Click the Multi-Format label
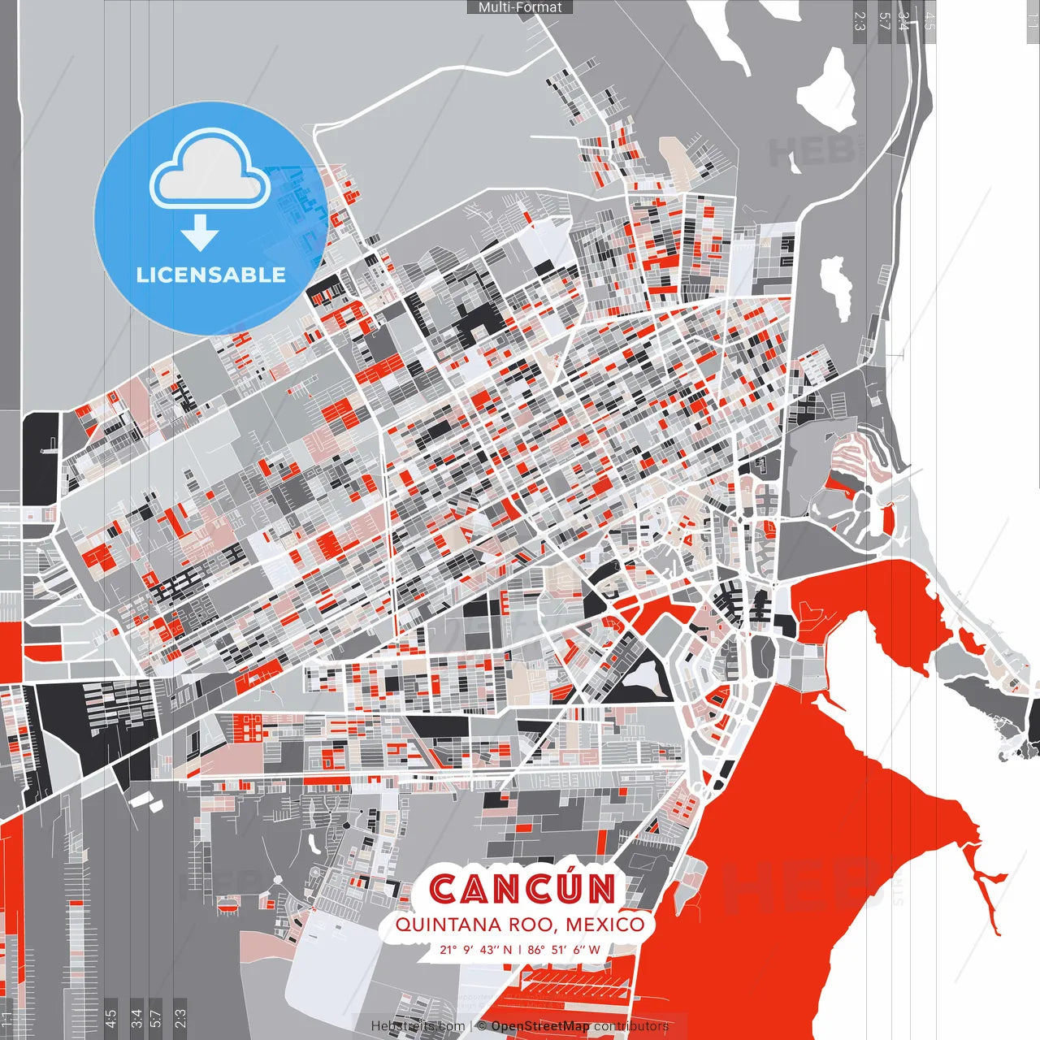pos(520,7)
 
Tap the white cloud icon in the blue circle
pos(210,172)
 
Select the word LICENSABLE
pos(211,275)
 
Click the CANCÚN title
pos(522,888)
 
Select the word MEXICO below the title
pos(604,925)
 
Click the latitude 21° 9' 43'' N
pos(476,949)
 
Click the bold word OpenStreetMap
pos(540,1026)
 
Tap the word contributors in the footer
pos(630,1026)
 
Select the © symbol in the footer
pos(481,1026)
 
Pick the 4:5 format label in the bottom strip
pos(110,1017)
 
